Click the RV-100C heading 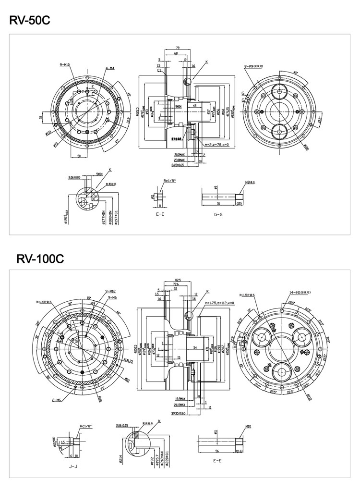coord(40,259)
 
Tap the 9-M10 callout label coord(65,64)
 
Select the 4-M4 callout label coord(108,68)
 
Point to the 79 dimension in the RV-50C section coord(178,48)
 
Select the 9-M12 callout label coord(109,292)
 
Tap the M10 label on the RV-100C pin coord(248,426)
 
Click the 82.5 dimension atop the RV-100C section coord(178,279)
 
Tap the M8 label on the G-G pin coord(249,183)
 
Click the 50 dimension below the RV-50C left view coord(79,156)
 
